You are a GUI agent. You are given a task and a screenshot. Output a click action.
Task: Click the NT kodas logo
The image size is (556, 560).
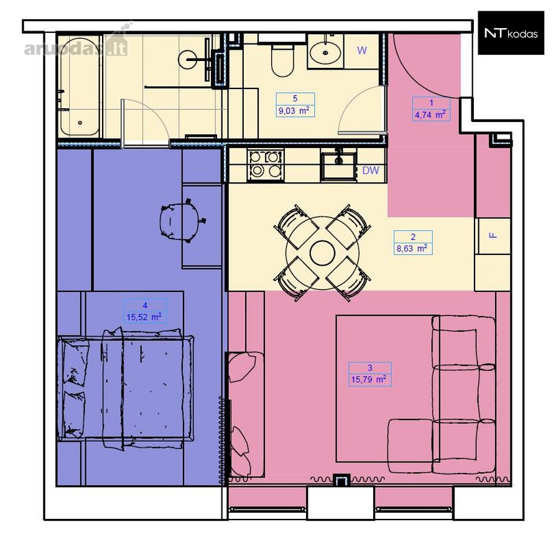click(x=511, y=33)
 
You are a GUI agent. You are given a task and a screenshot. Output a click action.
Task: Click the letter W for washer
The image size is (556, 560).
click(x=362, y=51)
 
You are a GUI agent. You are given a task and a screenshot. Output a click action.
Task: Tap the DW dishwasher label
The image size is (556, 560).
click(x=371, y=170)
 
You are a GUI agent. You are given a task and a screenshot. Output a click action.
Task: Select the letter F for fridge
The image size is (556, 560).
click(x=493, y=235)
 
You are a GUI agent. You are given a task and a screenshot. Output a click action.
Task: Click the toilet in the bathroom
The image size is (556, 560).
click(x=282, y=60)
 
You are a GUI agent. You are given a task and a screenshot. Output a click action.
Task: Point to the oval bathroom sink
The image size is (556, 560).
click(x=325, y=52)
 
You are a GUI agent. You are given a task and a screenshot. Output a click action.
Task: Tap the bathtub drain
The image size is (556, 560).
click(x=80, y=123)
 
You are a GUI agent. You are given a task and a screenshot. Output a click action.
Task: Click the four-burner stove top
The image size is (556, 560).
click(x=266, y=165)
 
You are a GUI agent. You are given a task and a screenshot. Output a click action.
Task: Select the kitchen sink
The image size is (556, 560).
click(x=338, y=166)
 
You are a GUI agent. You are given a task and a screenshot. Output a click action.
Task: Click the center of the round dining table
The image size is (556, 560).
click(x=322, y=253)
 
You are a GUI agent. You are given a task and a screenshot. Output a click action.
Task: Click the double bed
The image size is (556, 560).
click(x=126, y=388)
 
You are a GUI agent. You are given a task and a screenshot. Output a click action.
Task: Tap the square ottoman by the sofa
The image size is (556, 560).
click(x=410, y=446)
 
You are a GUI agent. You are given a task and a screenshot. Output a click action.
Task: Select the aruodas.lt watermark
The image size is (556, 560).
click(x=76, y=44)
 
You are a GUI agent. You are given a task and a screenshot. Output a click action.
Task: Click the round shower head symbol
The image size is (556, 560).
click(x=187, y=59)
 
